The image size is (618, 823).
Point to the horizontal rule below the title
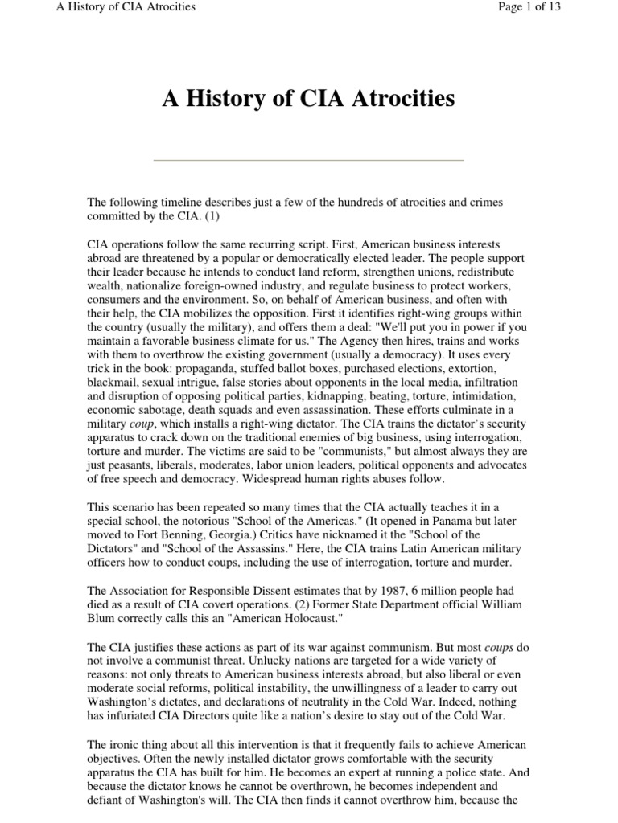pos(308,160)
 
